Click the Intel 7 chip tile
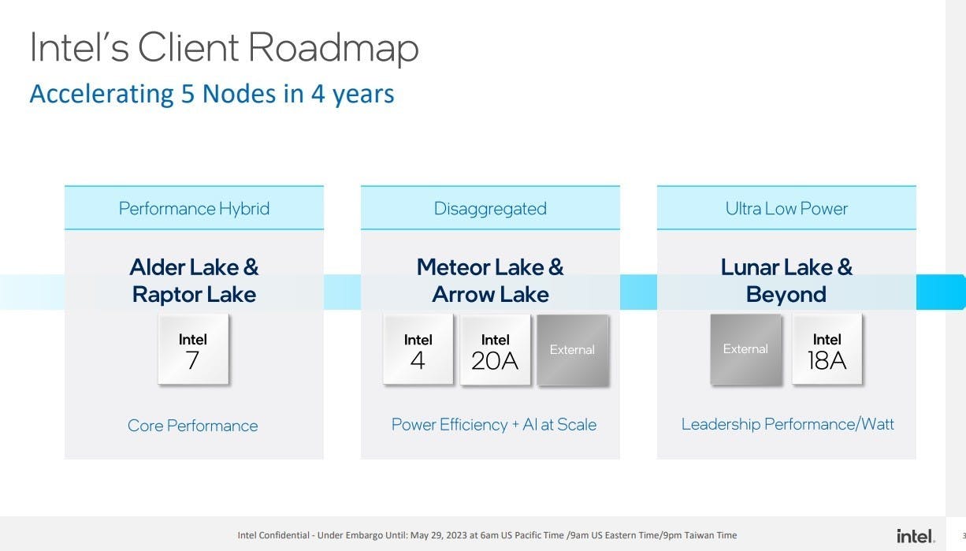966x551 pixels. click(193, 349)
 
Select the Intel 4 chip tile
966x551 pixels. click(418, 349)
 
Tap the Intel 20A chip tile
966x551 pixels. click(495, 349)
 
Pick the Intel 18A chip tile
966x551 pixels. click(827, 349)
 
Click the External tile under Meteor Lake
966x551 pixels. click(573, 350)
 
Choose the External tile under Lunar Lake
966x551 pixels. click(745, 349)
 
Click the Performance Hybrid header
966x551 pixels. click(194, 208)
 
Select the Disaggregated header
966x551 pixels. click(490, 208)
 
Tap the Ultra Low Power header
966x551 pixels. click(786, 208)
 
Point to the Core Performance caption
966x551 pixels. click(193, 426)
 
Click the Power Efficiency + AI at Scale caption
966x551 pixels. click(494, 425)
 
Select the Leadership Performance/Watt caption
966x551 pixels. click(787, 424)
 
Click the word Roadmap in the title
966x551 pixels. click(333, 48)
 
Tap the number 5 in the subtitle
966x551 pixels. click(188, 94)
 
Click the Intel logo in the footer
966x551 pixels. click(916, 536)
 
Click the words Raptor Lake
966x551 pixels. click(194, 294)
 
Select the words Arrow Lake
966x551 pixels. click(490, 294)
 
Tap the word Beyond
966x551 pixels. click(786, 295)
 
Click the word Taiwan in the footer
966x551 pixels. click(699, 535)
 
